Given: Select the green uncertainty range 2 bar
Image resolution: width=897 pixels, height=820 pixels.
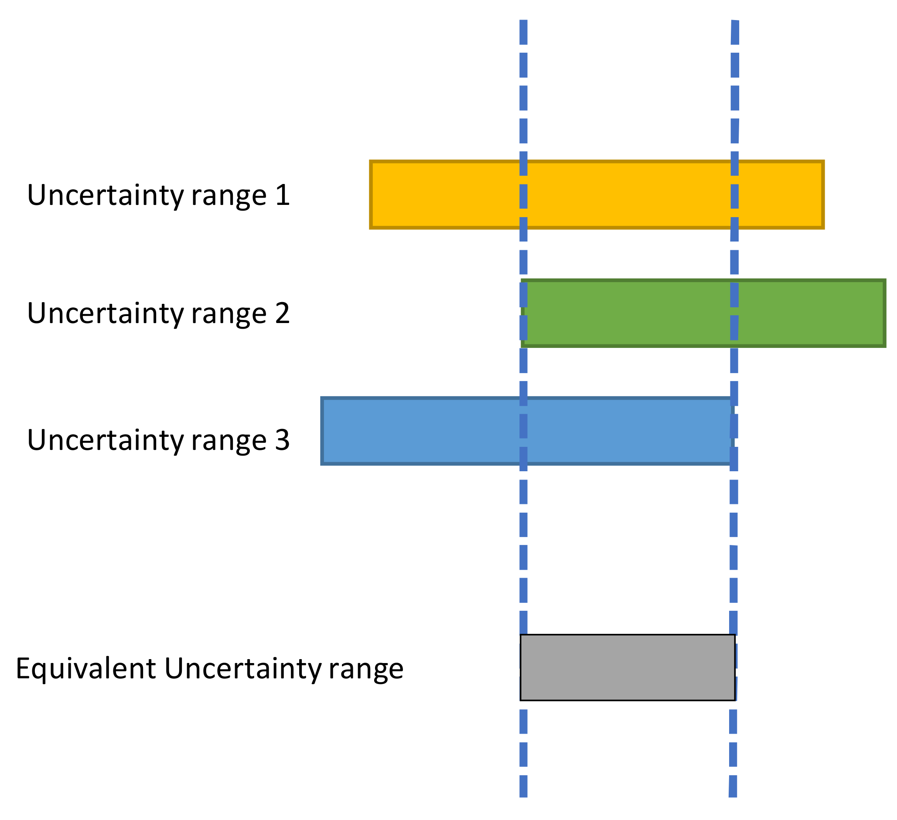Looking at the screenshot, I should coord(703,313).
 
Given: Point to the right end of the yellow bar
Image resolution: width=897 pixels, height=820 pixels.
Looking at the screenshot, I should coord(822,195).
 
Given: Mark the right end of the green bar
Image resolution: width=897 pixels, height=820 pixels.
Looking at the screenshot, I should coord(883,313).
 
